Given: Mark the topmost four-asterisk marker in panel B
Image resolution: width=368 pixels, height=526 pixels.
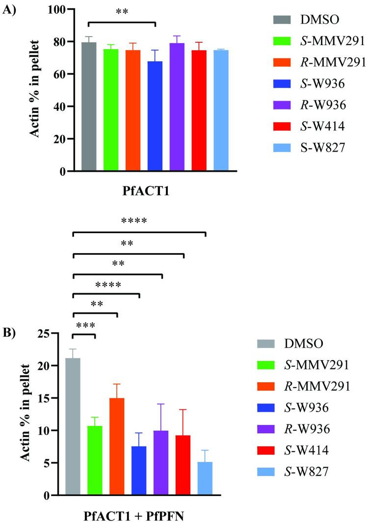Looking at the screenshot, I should coord(134,221).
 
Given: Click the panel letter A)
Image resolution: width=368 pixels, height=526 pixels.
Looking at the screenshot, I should coord(11,11).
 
